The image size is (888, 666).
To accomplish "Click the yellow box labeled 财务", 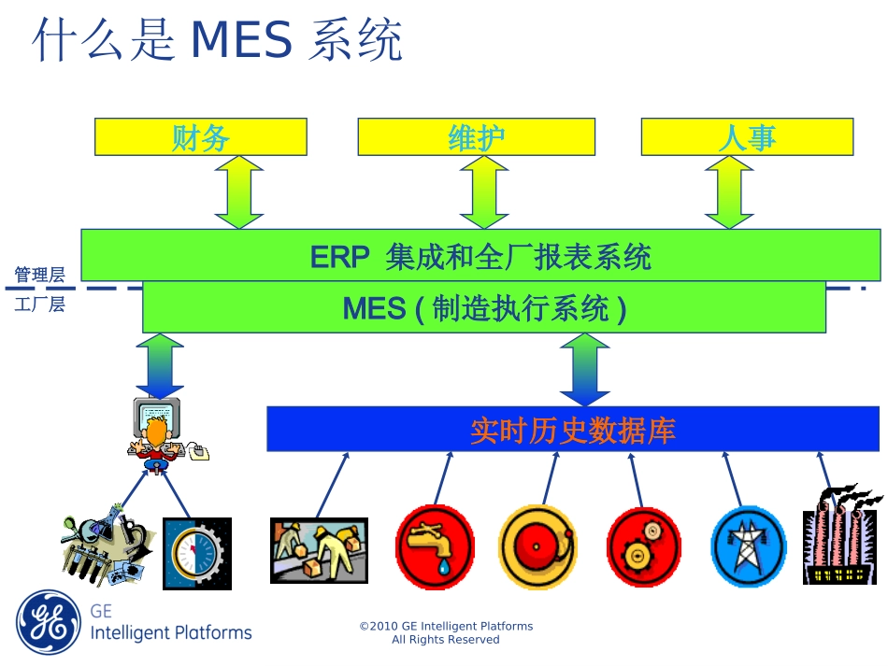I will (200, 136).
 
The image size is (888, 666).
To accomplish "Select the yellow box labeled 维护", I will (476, 136).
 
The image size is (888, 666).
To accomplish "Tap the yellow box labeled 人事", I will (746, 136).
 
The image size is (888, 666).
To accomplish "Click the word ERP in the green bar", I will (340, 257).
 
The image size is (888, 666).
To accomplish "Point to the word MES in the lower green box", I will (374, 308).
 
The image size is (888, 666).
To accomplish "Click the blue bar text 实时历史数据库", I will (572, 430).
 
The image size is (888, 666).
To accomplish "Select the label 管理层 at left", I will (39, 275).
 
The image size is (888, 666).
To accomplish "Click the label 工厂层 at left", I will (39, 305).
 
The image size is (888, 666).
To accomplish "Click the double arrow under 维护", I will (484, 192).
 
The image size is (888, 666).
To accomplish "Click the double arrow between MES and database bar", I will (585, 369).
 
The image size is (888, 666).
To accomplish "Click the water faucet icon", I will (435, 546).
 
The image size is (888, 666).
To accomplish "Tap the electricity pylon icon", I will (748, 546).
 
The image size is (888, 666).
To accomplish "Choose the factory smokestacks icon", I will (841, 537).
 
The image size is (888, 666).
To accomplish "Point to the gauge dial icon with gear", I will (196, 553).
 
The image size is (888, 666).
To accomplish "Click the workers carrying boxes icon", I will (319, 550).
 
